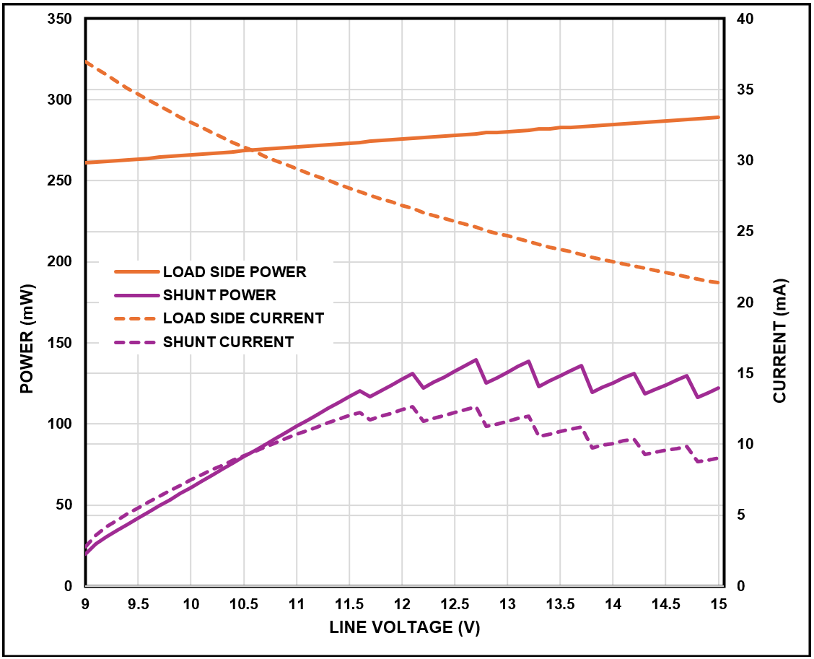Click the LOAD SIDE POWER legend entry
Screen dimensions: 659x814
point(235,272)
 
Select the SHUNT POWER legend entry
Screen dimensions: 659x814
point(219,294)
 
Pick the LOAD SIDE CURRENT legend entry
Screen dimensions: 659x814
point(243,318)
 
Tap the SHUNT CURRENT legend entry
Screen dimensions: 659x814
point(228,341)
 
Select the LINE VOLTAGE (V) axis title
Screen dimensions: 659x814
point(404,627)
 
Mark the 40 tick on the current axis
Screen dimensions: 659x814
point(745,19)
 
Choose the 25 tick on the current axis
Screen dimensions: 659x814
point(745,232)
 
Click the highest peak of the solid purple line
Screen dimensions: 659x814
point(476,359)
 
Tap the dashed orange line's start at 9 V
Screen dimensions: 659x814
point(86,61)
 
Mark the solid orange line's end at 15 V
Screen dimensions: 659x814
point(719,117)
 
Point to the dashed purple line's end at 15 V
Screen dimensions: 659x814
point(719,458)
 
